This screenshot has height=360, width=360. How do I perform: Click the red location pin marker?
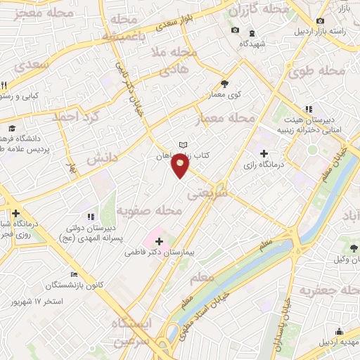point(181,166)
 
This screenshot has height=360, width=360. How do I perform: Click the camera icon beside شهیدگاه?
point(235,30)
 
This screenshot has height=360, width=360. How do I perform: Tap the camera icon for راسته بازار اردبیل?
point(321,21)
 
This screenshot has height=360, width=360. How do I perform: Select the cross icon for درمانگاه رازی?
point(264,153)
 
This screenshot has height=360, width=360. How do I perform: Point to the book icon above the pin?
point(183,145)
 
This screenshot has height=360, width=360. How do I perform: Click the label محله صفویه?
point(149,210)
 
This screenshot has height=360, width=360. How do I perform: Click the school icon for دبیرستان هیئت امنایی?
point(308,109)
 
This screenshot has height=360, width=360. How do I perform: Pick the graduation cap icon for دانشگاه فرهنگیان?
point(13,129)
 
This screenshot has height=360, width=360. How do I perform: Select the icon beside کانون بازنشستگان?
point(75,275)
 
